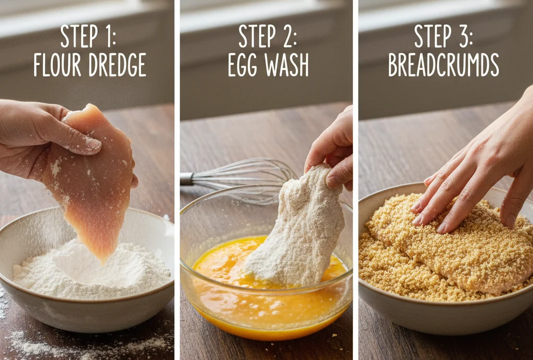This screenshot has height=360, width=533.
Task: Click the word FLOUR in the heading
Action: pyautogui.click(x=57, y=65)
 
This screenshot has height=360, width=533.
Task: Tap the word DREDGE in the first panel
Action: pyautogui.click(x=118, y=65)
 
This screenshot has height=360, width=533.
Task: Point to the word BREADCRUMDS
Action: pyautogui.click(x=443, y=65)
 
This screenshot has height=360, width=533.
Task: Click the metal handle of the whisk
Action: pyautogui.click(x=187, y=178)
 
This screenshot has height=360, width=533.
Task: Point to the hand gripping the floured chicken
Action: pyautogui.click(x=332, y=149)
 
